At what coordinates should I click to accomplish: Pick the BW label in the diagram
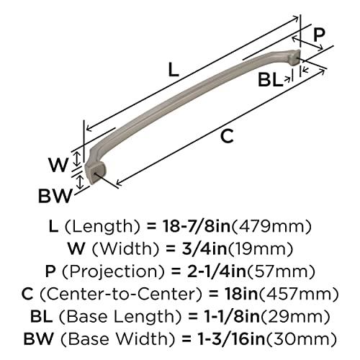[55, 194]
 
